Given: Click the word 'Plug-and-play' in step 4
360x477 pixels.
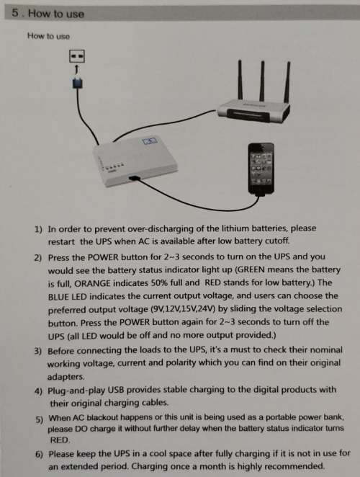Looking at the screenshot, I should click(79, 391).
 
